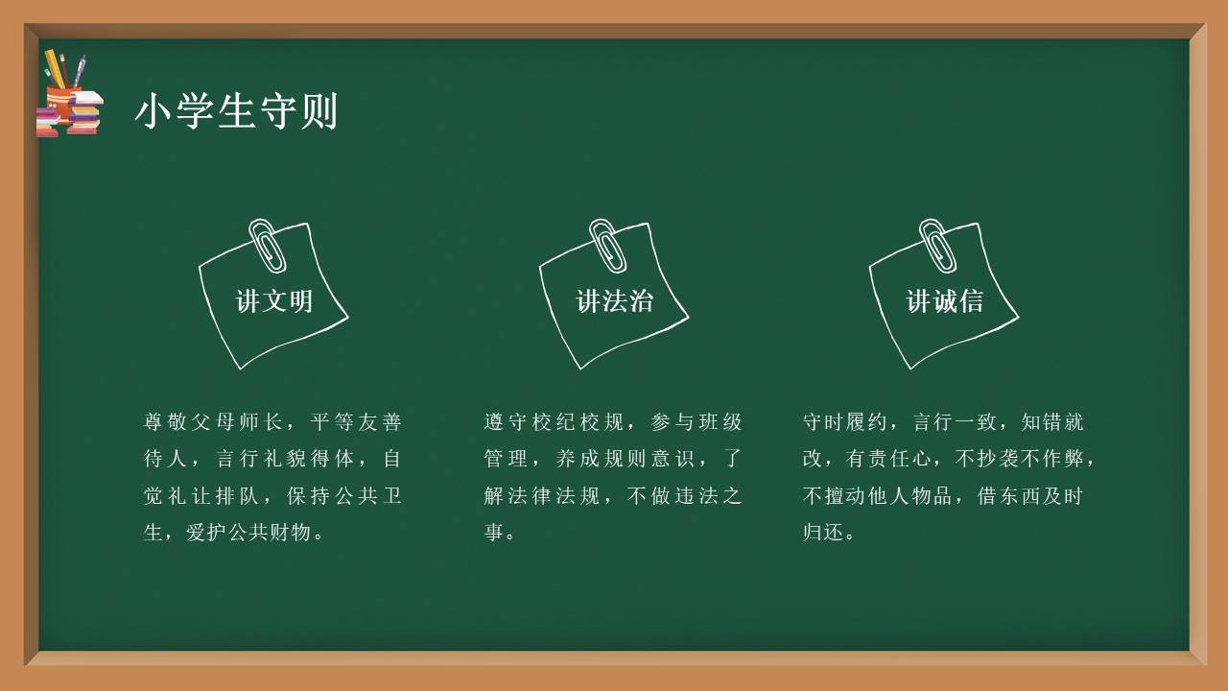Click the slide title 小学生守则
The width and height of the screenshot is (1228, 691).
[236, 111]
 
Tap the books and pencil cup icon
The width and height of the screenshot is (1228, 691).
[68, 96]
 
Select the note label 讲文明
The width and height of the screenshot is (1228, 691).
[274, 301]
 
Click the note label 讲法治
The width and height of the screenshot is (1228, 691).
[615, 301]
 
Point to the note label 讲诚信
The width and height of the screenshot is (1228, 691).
[945, 301]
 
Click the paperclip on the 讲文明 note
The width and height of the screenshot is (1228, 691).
[266, 244]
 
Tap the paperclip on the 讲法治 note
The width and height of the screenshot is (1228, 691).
[606, 244]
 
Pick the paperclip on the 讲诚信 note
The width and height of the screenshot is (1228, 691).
[936, 244]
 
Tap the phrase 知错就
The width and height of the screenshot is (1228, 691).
[1052, 422]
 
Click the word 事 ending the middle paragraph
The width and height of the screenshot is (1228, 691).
[494, 532]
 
